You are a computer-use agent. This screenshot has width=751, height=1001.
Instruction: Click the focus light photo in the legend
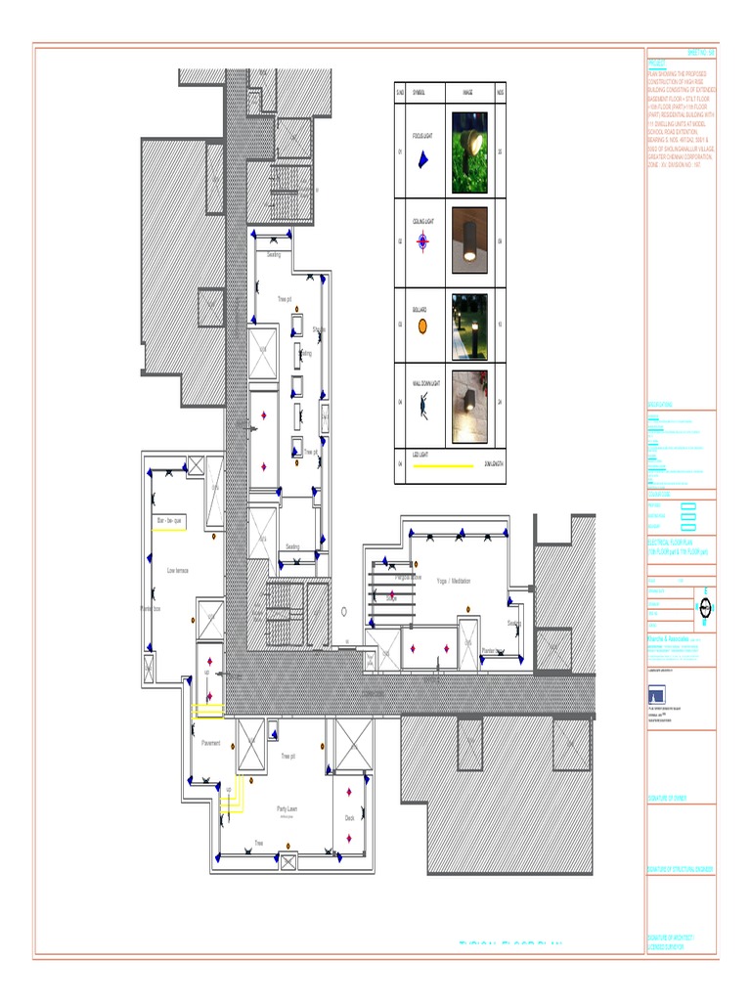coord(468,153)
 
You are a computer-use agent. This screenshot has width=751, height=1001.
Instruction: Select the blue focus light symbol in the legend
coord(422,159)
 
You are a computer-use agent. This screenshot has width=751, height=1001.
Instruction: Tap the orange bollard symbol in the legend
coord(422,326)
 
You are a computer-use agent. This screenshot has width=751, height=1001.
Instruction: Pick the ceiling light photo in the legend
coord(468,239)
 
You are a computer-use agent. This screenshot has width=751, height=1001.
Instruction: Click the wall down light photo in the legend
coord(468,407)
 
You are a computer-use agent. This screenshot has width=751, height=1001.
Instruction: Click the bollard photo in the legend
coord(468,326)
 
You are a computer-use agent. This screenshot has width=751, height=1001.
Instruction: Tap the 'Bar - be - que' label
coord(169,522)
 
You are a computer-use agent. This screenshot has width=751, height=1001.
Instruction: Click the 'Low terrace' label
coord(177,570)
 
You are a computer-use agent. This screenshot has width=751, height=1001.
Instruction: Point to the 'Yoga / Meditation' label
coord(454,581)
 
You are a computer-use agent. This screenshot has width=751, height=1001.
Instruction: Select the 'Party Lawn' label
coord(287,808)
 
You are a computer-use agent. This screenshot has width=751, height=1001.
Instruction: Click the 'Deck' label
coord(349,818)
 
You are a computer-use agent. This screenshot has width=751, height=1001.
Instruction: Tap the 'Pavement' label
coord(211,744)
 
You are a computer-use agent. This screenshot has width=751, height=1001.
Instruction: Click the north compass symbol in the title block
coord(705,607)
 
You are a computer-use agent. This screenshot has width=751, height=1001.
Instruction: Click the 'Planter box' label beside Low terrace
coord(150,608)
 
